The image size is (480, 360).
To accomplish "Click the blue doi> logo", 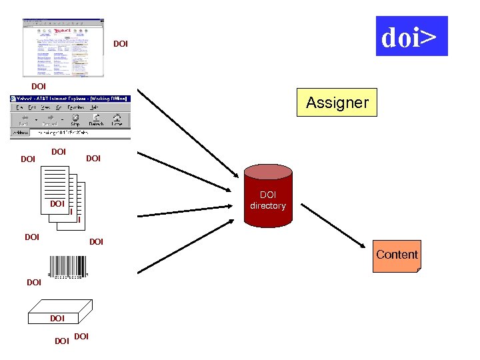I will (411, 36).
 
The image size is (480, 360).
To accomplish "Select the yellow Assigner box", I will (337, 102).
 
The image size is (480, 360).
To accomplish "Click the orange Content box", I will (397, 256).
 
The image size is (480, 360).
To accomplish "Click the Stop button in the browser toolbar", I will (75, 120).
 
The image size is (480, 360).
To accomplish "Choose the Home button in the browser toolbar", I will (117, 120).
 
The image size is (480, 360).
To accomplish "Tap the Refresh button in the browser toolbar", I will (96, 120).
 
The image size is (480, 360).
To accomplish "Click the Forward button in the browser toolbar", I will (49, 120).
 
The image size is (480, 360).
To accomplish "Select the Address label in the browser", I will (20, 133).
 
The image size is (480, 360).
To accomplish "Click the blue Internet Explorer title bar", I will (70, 99).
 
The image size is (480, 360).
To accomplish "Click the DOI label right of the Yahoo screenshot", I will (121, 44).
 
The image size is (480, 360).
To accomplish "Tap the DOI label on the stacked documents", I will (57, 203).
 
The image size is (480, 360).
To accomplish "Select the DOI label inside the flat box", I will (57, 319).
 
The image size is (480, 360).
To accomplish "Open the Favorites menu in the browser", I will (75, 107).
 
